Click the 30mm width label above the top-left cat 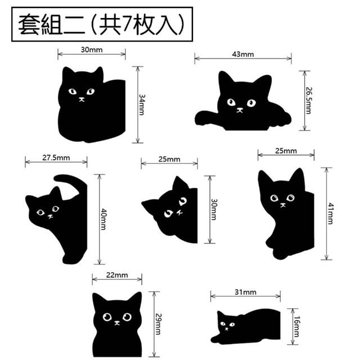click(x=92, y=49)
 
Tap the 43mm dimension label click(x=243, y=54)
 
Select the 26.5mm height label click(x=309, y=100)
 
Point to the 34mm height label click(x=142, y=105)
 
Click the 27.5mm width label click(x=56, y=157)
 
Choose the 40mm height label click(x=103, y=219)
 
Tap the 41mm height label click(x=331, y=214)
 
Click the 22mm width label click(x=117, y=275)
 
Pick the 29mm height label click(x=159, y=324)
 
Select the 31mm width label click(x=245, y=292)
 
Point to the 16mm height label click(x=297, y=326)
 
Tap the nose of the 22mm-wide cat click(x=117, y=323)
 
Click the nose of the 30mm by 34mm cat click(x=82, y=100)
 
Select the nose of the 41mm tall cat click(x=282, y=205)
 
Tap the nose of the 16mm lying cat click(x=227, y=328)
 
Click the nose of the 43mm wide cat click(x=240, y=110)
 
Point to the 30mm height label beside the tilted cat click(x=214, y=209)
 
